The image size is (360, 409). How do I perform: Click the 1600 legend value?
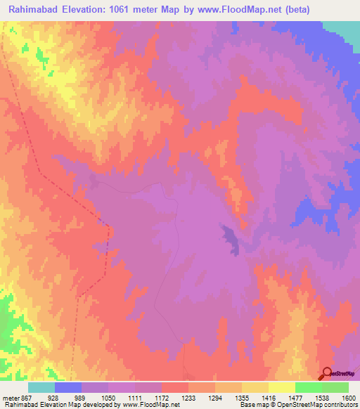(x=349, y=398)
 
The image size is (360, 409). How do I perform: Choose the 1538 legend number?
(x=322, y=398)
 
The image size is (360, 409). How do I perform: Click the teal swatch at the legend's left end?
(x=41, y=387)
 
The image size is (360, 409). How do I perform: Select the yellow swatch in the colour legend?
(x=281, y=387)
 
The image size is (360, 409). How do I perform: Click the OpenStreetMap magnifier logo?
(x=328, y=374)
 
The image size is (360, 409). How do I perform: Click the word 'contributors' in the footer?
(x=340, y=405)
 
